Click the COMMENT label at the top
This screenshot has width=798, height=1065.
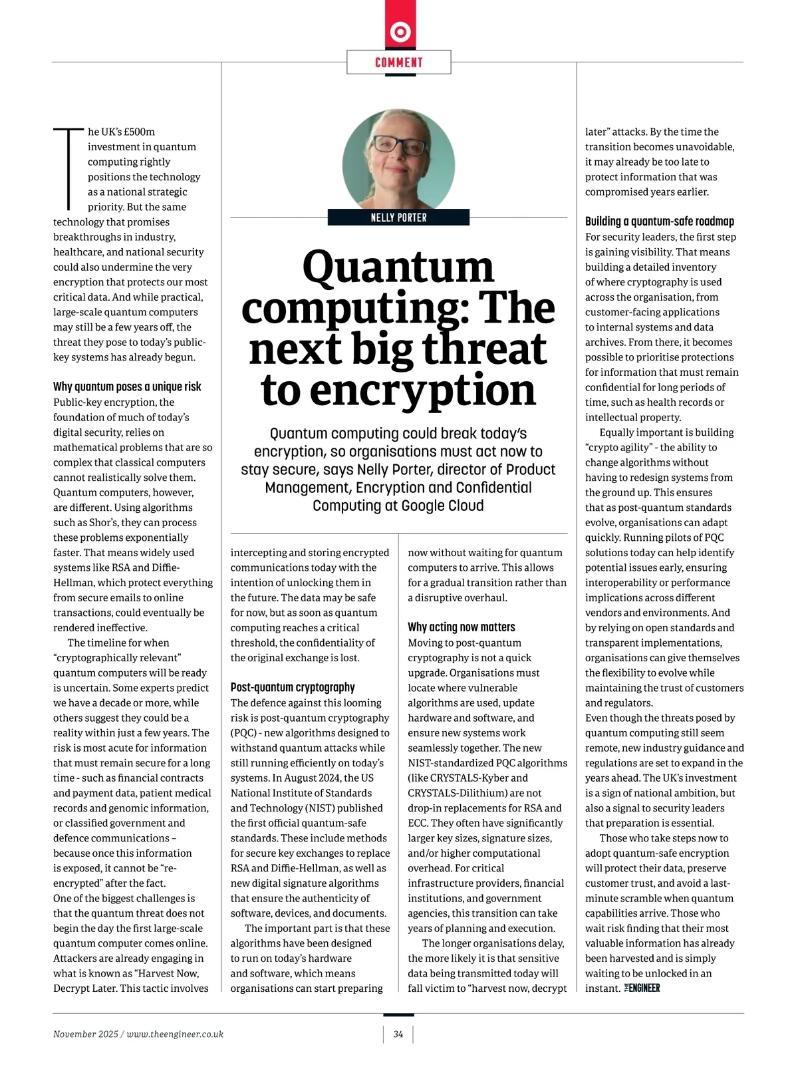[399, 63]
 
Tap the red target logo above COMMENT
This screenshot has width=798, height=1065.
[400, 31]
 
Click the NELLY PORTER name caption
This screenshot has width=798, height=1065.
[399, 218]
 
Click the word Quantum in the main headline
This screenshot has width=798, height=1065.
[398, 267]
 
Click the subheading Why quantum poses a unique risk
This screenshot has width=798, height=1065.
[127, 386]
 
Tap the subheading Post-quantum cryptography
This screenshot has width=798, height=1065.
[293, 687]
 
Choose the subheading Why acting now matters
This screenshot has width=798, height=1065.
[462, 627]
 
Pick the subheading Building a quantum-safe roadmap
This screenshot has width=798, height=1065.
[660, 222]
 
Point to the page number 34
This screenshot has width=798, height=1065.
[398, 1034]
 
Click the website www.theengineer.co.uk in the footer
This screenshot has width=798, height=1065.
[175, 1034]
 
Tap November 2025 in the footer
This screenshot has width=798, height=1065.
[85, 1034]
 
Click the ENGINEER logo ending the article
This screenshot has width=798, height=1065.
[642, 988]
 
